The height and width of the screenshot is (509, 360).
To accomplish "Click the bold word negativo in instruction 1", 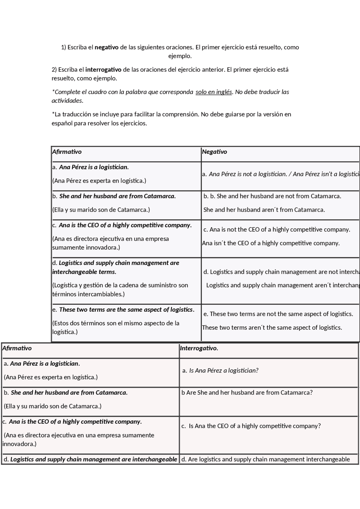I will click(x=107, y=47).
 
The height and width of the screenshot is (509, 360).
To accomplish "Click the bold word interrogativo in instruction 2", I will click(x=103, y=69).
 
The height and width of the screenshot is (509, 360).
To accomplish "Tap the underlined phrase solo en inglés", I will click(x=214, y=92).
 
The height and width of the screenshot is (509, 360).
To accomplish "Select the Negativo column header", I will click(x=214, y=152).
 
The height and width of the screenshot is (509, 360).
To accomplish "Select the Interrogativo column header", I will click(x=199, y=348).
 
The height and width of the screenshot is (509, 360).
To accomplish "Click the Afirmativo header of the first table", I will click(x=67, y=152).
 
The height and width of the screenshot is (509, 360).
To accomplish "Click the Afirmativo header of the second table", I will click(x=17, y=348).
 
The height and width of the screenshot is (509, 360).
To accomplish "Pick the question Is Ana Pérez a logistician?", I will click(x=224, y=370).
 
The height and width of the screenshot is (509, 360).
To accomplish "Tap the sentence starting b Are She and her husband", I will click(x=247, y=393).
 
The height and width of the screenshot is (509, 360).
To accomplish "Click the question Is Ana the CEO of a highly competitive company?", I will click(x=255, y=426).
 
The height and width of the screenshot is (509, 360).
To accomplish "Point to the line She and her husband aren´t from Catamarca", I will click(x=264, y=210).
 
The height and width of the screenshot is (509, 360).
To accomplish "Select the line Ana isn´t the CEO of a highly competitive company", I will click(x=271, y=243).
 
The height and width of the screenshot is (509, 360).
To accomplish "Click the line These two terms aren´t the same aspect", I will click(x=272, y=327).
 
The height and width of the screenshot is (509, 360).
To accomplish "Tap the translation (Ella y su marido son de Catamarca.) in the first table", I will click(x=101, y=210).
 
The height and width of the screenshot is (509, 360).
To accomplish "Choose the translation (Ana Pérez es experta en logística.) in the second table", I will click(x=51, y=377).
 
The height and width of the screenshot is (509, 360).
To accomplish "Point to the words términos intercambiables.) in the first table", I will click(x=88, y=294).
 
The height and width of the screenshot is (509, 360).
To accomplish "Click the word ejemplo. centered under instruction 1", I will click(x=180, y=56).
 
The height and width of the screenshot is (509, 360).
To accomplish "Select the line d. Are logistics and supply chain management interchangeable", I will click(x=265, y=459).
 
